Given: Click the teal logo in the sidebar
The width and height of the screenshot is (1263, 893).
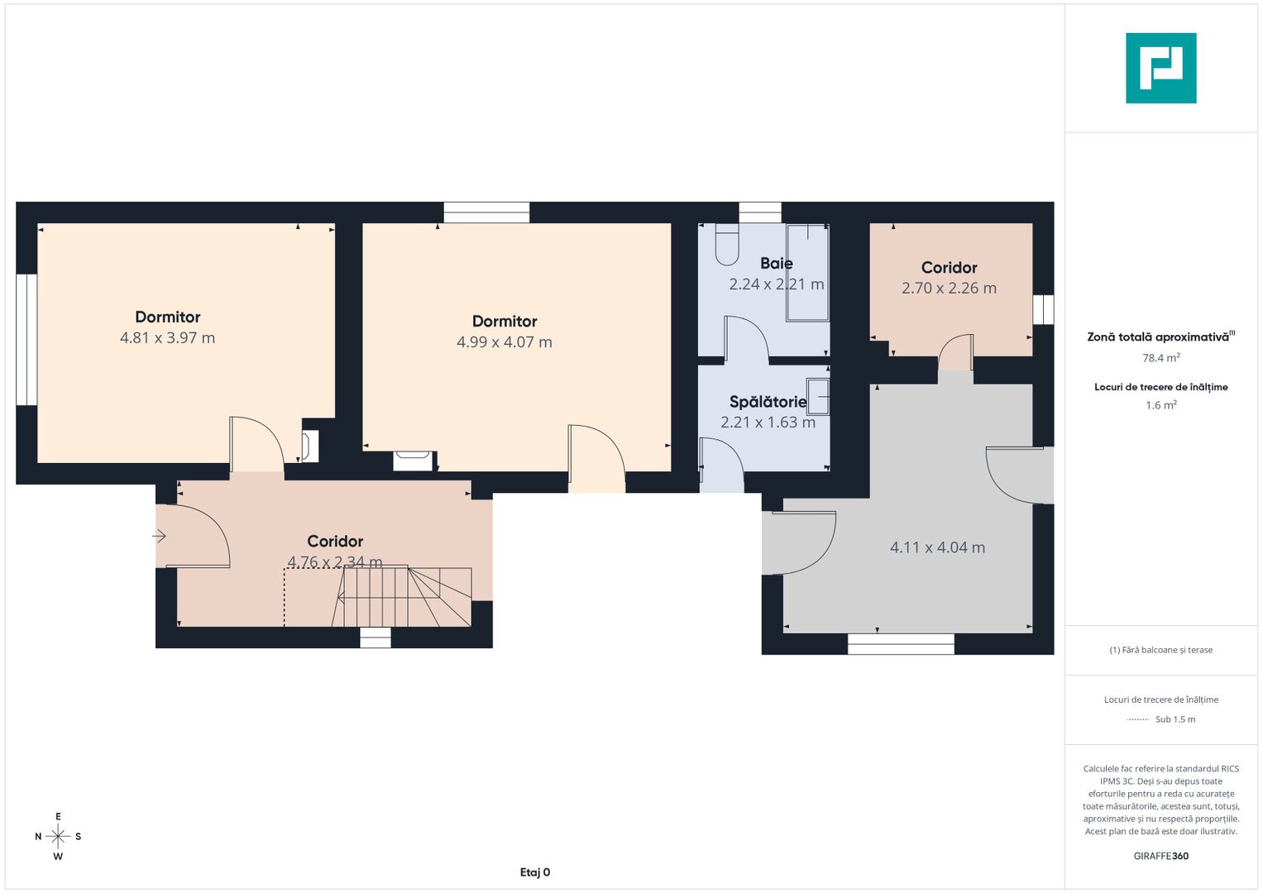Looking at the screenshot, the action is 1161,68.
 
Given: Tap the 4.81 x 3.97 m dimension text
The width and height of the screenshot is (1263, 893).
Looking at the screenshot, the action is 167,337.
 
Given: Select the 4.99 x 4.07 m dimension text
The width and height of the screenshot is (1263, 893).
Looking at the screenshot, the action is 504,342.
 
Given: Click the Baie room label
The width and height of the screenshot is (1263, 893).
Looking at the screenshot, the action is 777,263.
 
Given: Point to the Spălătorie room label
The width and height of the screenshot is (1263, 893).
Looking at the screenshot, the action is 768,402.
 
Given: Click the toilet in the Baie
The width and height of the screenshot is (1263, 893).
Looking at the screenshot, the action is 727,244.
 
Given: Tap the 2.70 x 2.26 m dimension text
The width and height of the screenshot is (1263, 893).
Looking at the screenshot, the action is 949,288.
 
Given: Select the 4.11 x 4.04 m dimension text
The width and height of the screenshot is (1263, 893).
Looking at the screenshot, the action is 938,547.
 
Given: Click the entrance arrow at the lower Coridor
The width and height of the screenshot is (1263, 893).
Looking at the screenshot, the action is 159,536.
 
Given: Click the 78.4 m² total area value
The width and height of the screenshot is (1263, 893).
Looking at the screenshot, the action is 1161,357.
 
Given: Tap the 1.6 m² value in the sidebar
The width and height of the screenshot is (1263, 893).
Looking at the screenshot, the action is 1161,405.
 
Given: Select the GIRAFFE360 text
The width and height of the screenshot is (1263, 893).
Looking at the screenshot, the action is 1161,856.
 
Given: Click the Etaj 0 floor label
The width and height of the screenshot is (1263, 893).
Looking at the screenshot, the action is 535,872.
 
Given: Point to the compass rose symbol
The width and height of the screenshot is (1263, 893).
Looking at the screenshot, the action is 58,836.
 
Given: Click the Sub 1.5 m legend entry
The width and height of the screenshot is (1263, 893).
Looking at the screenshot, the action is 1175,719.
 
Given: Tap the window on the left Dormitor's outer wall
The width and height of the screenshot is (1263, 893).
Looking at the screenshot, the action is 26,339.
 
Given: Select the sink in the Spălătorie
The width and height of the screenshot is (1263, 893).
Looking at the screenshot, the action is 818,397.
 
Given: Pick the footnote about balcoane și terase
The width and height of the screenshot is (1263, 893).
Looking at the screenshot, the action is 1161,650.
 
